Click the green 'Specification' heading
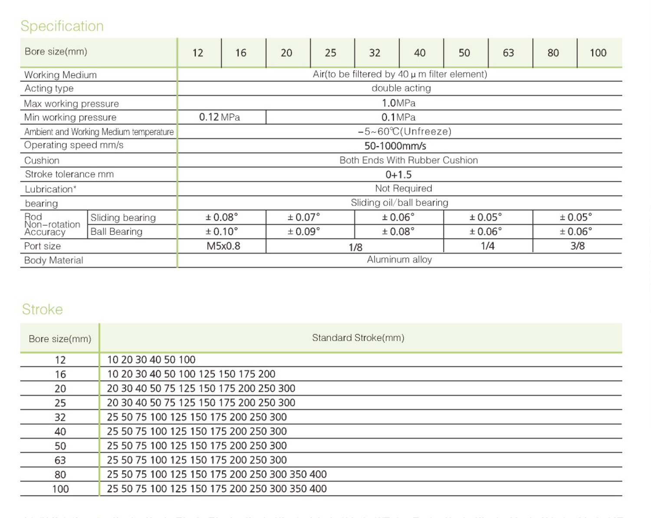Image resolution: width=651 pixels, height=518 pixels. point(62,26)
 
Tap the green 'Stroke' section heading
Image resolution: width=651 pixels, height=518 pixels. point(43,309)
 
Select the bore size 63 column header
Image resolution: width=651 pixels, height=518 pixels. point(508,53)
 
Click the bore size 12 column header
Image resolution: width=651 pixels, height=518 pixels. point(198,53)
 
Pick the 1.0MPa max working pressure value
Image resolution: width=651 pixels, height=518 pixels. point(398,103)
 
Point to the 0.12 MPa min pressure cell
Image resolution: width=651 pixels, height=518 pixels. point(220,117)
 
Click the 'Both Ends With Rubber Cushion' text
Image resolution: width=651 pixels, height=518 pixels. point(408,160)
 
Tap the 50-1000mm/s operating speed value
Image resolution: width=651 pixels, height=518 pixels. point(395,146)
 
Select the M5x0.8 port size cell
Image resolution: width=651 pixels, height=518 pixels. point(223,246)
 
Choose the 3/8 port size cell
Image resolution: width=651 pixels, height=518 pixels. point(577,246)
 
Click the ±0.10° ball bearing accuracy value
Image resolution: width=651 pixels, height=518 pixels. point(221,232)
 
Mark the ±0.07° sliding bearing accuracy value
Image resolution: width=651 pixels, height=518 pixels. point(303,217)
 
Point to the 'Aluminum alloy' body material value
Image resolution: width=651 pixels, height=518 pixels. point(399,260)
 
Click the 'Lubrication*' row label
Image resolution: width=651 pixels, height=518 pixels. point(50,189)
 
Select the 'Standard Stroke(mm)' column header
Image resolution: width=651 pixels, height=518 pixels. point(358,338)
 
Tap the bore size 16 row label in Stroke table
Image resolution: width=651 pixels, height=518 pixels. point(60,375)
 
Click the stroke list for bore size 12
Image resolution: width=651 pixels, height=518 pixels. point(151,360)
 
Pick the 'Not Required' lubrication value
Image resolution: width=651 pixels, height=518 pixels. point(404,189)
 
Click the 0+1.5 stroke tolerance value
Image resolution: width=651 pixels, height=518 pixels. point(398,175)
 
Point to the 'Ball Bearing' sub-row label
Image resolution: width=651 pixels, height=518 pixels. point(116,232)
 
